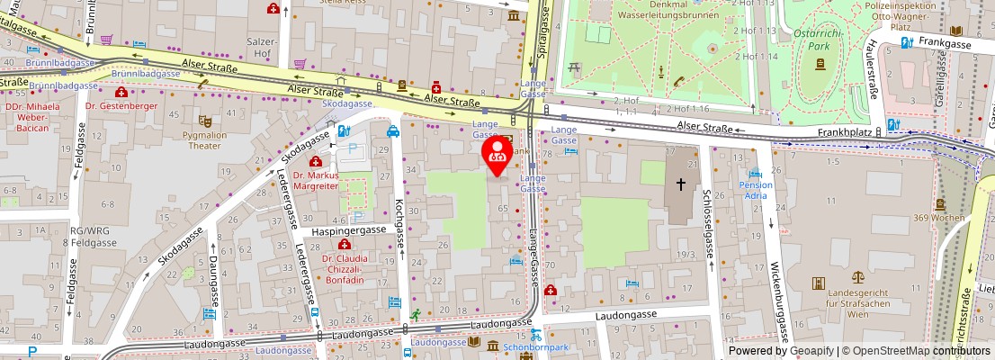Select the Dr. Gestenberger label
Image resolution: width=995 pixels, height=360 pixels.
click(x=121, y=105)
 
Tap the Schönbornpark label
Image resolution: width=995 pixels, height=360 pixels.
click(x=536, y=347)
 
